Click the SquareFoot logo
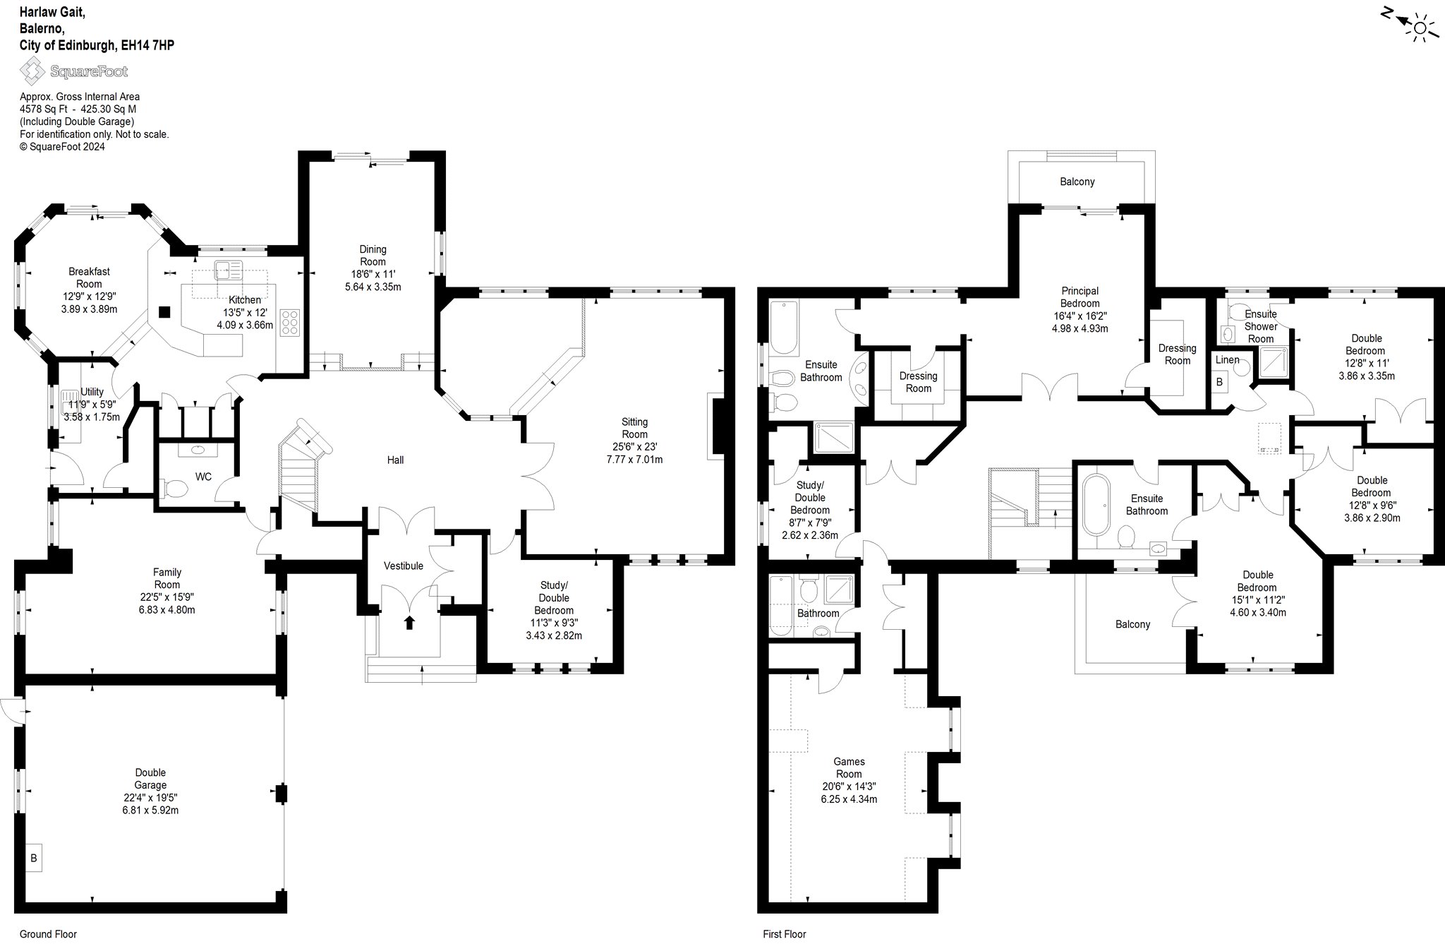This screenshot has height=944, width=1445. [x=73, y=71]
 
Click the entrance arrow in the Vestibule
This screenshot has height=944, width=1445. [x=409, y=622]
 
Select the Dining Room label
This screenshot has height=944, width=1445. [x=373, y=256]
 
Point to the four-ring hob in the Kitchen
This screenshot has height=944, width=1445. [x=290, y=322]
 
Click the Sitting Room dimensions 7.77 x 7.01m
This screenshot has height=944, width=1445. [x=634, y=460]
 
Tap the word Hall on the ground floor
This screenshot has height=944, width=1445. [x=395, y=460]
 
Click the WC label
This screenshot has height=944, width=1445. [x=203, y=477]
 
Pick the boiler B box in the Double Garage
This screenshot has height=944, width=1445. [x=33, y=859]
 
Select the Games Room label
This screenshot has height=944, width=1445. [x=849, y=768]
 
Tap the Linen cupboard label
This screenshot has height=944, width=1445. [x=1227, y=360]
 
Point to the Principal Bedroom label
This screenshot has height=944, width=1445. [x=1080, y=297]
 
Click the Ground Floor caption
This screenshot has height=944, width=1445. [x=48, y=934]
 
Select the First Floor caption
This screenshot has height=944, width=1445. [x=784, y=934]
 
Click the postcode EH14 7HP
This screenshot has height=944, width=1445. [x=147, y=45]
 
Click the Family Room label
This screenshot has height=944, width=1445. [x=167, y=578]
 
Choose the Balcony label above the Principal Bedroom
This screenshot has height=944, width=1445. [x=1077, y=182]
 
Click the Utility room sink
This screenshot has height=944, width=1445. [x=73, y=405]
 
